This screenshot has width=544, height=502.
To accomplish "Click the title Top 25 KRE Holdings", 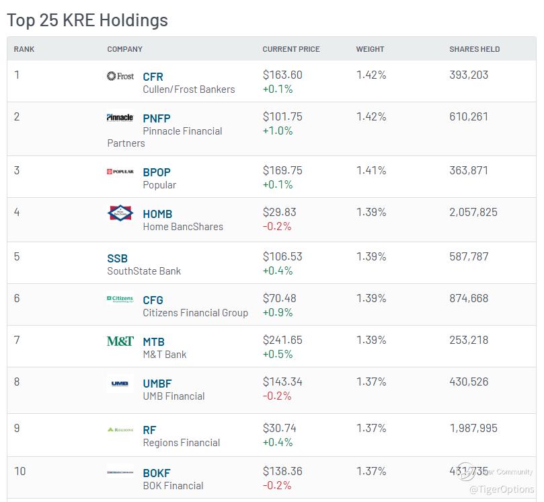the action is click(x=87, y=20).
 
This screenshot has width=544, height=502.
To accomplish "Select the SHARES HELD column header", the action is click(x=475, y=49).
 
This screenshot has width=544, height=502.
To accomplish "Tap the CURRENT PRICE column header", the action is click(x=291, y=49).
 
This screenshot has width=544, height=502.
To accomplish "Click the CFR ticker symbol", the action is click(x=153, y=77).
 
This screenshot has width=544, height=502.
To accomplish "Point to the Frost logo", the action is click(x=120, y=75).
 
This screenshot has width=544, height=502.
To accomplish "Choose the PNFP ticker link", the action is click(x=157, y=118).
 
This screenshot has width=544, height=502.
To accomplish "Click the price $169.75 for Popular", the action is click(x=282, y=170).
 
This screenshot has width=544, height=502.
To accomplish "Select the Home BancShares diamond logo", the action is click(x=120, y=213).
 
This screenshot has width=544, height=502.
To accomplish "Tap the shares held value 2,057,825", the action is click(x=473, y=212).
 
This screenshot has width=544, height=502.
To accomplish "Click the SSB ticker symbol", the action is click(x=117, y=258).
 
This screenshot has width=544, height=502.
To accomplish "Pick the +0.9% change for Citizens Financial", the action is click(x=278, y=312).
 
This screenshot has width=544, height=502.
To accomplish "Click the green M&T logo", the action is click(x=120, y=341).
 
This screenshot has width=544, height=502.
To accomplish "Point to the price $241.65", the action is click(x=282, y=340).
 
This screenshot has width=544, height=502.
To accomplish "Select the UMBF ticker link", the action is click(x=157, y=384).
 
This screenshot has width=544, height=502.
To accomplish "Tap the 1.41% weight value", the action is click(x=371, y=170).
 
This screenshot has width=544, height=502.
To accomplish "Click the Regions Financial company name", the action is click(x=182, y=443).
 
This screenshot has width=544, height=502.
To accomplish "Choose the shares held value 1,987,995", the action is click(x=473, y=428).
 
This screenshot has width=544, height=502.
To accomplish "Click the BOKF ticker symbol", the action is click(x=157, y=473).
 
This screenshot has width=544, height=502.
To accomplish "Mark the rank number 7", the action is click(x=17, y=340).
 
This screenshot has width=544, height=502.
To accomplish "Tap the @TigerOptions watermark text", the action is click(x=502, y=489).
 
